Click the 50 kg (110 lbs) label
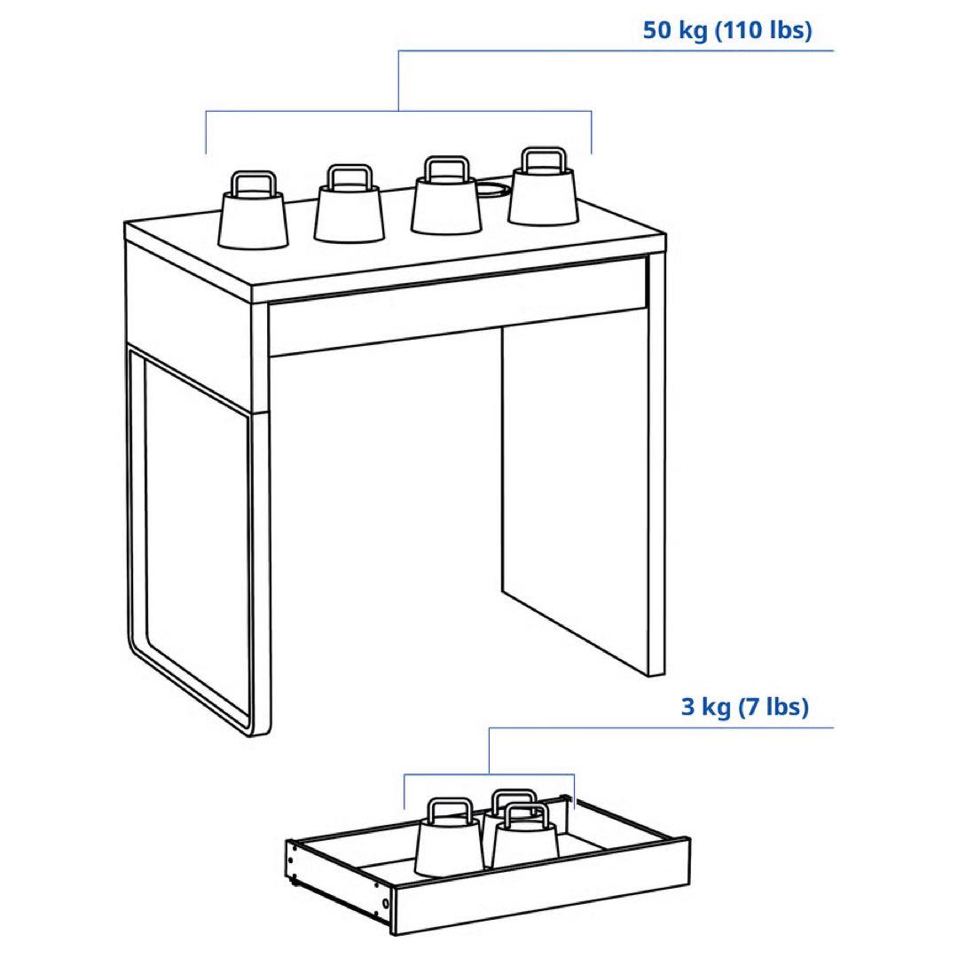(x=727, y=30)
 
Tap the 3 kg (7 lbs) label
(x=745, y=707)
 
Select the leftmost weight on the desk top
(x=253, y=209)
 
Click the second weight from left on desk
(x=349, y=203)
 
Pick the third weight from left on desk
(x=446, y=195)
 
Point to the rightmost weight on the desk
(x=543, y=185)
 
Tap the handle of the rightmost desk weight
(x=544, y=158)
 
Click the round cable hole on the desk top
(x=491, y=189)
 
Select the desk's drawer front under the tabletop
(x=459, y=307)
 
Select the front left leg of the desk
(x=261, y=519)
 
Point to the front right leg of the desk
(x=656, y=464)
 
